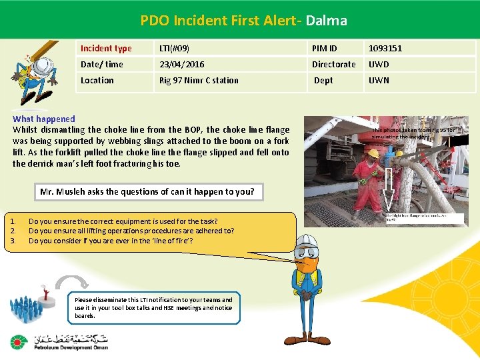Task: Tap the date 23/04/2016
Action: tap(181, 64)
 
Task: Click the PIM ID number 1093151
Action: tap(385, 48)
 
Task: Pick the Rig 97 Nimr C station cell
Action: tap(198, 80)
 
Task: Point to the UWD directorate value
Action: tap(379, 64)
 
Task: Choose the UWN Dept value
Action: tap(379, 80)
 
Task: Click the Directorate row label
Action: tap(334, 64)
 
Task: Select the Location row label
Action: tap(97, 80)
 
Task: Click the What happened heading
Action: tap(44, 119)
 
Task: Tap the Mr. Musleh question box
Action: tap(147, 191)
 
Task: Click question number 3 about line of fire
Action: tap(111, 241)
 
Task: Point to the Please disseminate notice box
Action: tap(154, 308)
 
